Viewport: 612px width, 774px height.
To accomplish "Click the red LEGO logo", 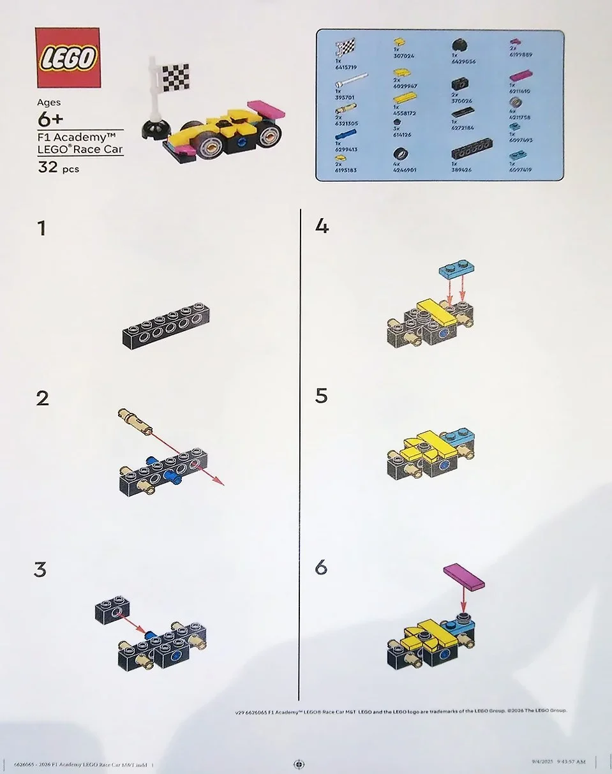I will point(68,58).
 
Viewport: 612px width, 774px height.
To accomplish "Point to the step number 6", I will point(322,566).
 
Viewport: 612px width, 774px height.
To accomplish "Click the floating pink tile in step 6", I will point(464,577).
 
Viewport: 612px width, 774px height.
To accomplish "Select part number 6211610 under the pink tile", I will point(521,91).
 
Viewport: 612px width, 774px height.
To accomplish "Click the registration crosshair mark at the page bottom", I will point(298,764).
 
